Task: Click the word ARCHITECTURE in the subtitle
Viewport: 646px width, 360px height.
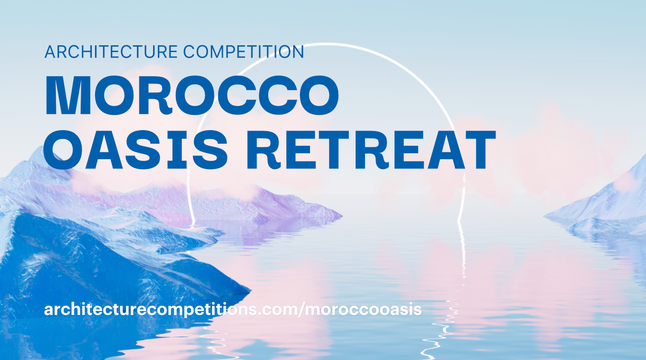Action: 111,52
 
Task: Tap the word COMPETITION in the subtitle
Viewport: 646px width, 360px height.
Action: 244,52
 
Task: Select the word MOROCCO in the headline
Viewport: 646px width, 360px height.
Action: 192,95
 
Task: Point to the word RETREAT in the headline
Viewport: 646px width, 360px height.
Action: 371,150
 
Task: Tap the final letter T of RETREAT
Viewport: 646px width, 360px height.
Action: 476,150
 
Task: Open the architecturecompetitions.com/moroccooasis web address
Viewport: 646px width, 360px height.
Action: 233,310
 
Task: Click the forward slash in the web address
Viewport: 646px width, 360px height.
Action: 301,310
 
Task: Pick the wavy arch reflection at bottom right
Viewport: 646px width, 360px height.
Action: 440,330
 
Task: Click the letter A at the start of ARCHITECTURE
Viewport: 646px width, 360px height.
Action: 50,52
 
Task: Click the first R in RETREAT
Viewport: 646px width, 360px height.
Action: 264,150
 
